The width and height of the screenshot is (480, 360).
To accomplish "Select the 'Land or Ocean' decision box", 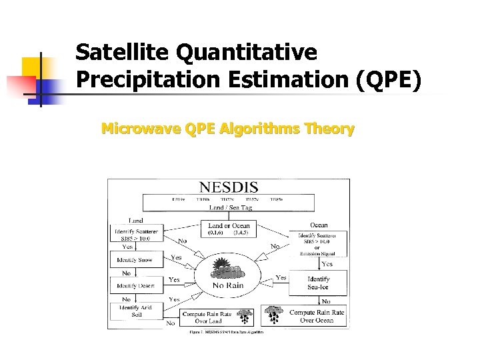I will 228,229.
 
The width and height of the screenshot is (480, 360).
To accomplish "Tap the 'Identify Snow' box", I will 135,260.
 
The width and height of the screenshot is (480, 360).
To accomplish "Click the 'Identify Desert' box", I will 135,285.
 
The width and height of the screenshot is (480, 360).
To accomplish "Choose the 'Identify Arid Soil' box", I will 135,311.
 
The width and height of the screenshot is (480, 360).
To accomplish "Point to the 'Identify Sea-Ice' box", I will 318,283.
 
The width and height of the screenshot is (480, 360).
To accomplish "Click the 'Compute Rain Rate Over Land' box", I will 208,317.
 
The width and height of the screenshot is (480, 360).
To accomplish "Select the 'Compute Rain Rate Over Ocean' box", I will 317,316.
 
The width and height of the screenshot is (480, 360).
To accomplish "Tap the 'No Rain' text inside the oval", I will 228,285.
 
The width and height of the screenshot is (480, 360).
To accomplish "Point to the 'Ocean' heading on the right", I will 319,225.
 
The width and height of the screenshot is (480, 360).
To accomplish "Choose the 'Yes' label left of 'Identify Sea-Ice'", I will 281,277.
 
